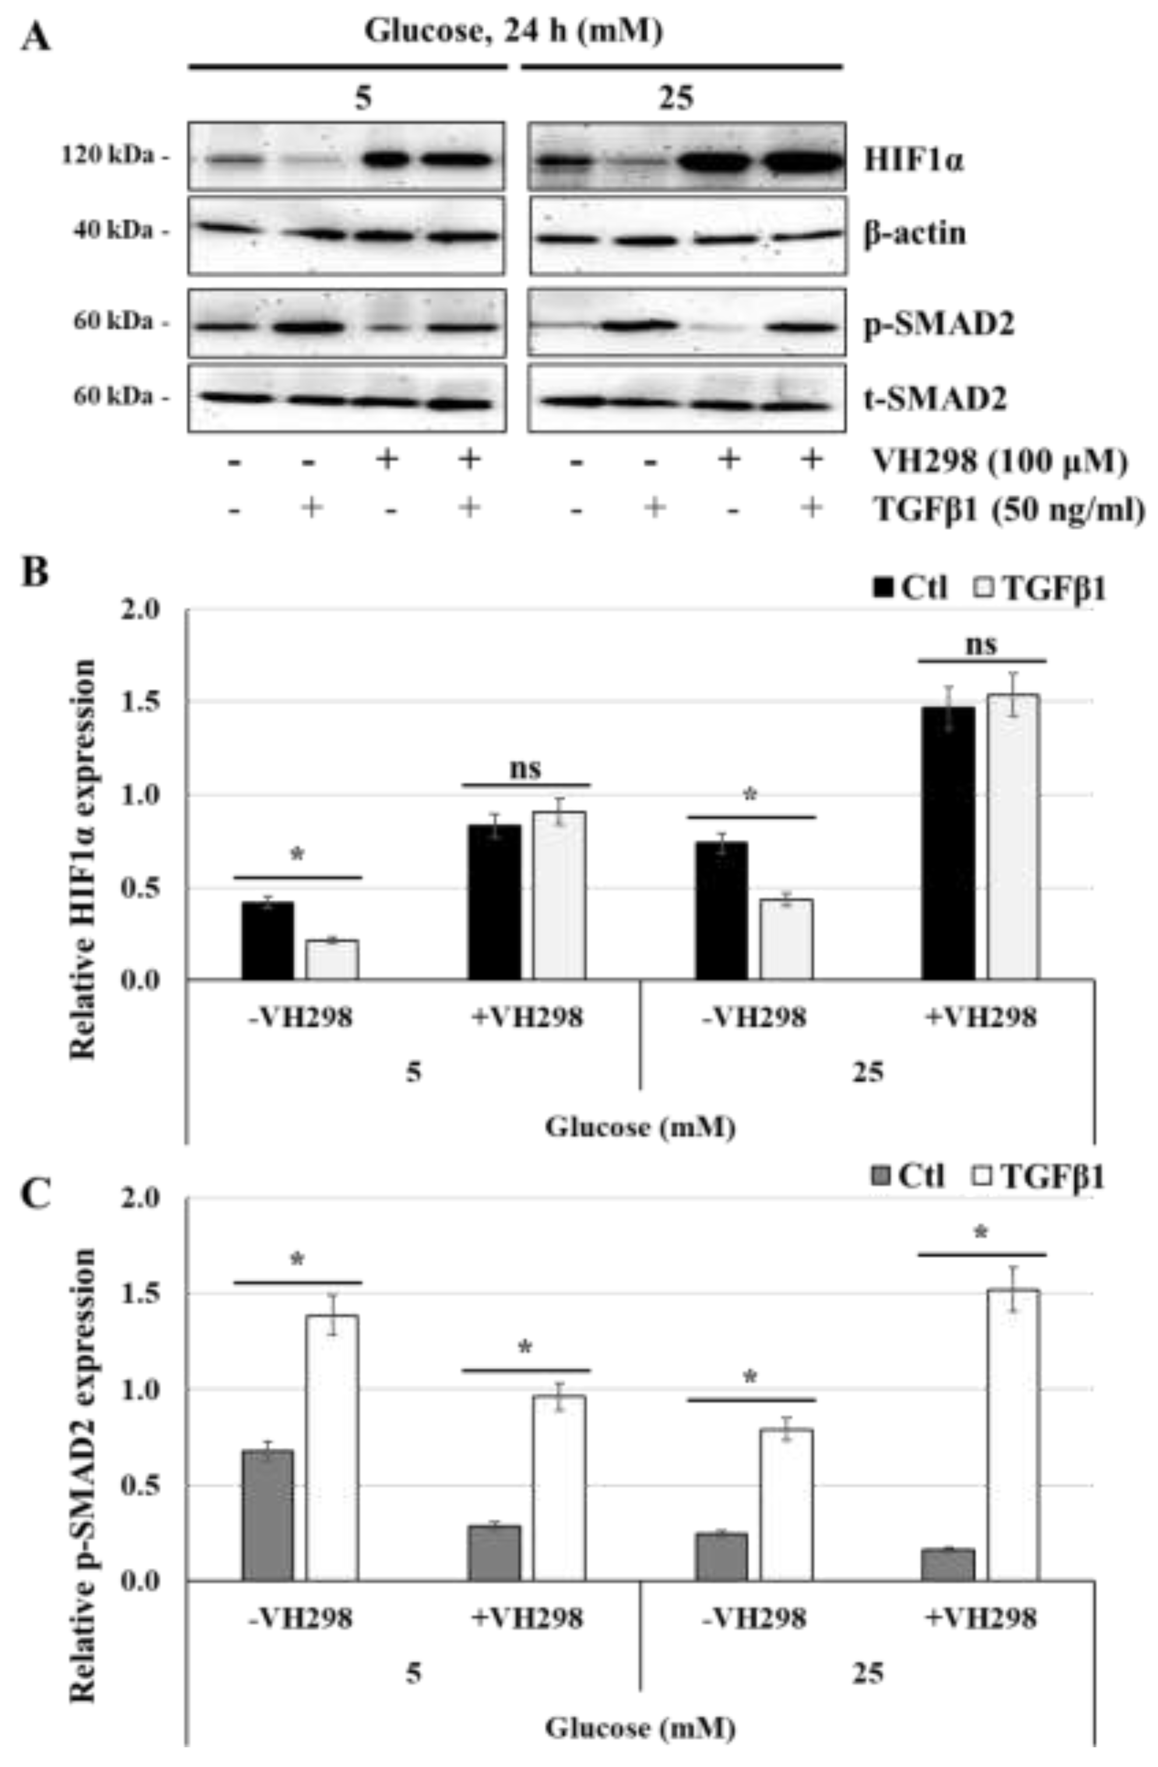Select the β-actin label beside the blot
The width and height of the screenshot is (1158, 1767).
coord(915,234)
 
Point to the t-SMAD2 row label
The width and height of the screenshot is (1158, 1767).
coord(934,400)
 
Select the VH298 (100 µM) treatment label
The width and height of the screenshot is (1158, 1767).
coord(998,462)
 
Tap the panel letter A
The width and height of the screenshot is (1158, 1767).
coord(35,35)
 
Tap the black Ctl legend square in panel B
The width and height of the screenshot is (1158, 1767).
coord(884,589)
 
